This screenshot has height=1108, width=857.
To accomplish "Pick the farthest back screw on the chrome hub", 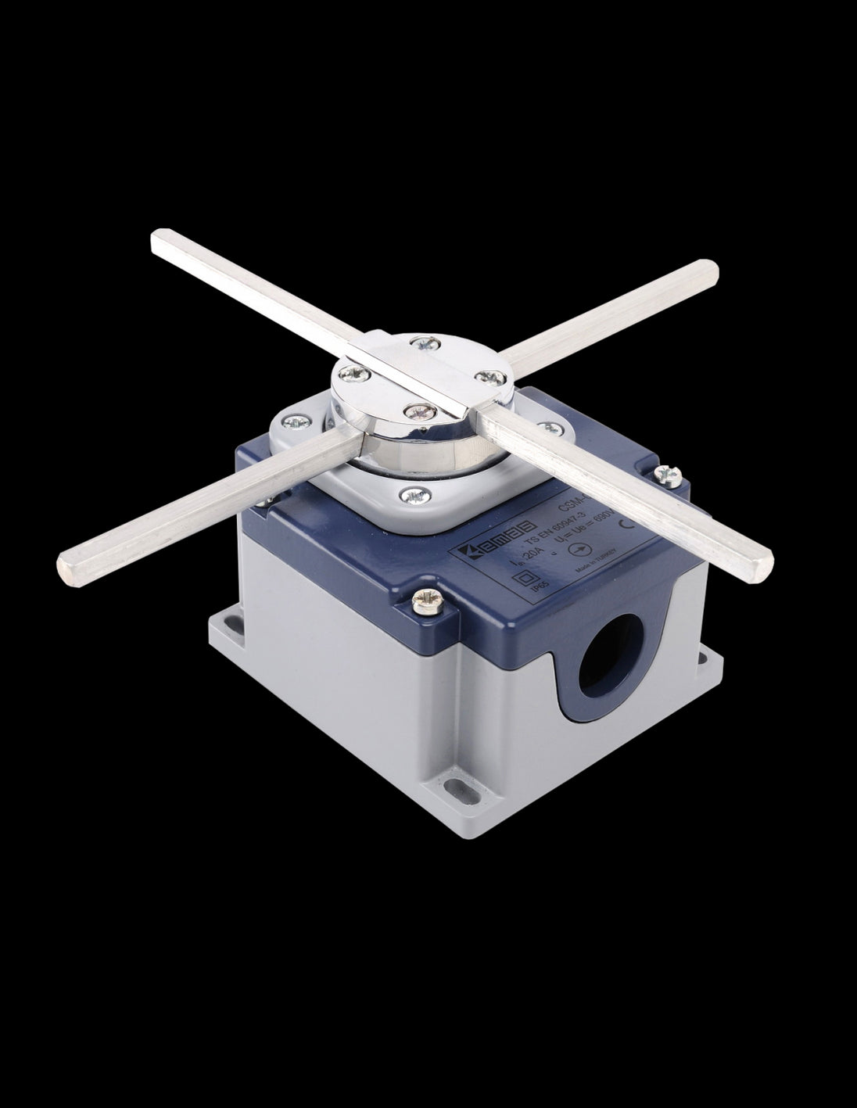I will pos(423,341).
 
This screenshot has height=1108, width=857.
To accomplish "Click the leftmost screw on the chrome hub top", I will pos(350,371).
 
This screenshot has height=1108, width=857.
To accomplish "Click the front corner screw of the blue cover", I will pos(428,601).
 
